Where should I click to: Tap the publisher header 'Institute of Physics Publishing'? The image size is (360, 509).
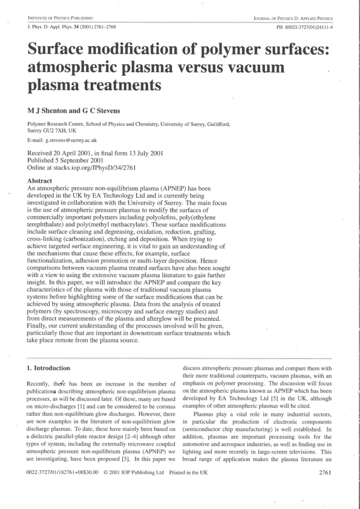pyautogui.click(x=56, y=19)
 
